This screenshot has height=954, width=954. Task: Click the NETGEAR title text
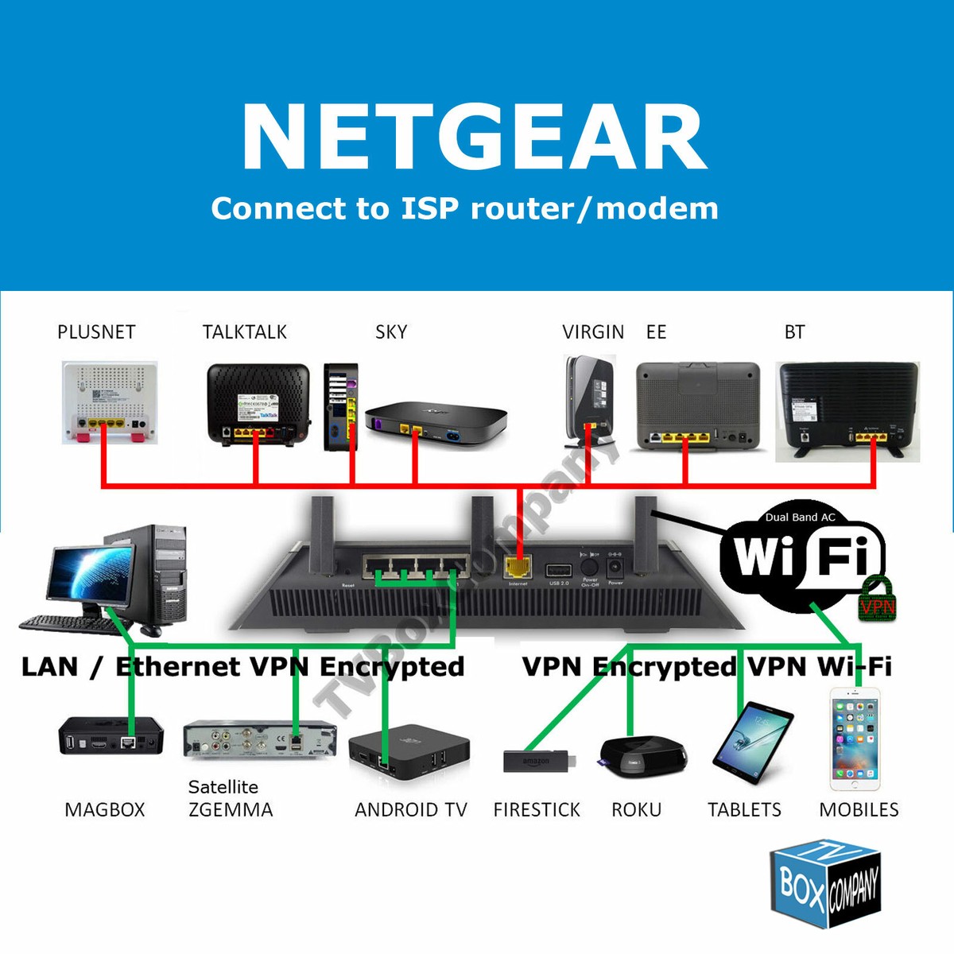[475, 137]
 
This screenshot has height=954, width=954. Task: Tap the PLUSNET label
[96, 332]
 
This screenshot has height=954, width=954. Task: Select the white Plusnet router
[110, 401]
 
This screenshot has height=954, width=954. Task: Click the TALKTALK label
[244, 332]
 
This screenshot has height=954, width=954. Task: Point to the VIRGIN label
[593, 332]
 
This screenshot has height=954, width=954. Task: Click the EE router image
[698, 405]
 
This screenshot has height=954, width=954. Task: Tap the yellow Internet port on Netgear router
[518, 568]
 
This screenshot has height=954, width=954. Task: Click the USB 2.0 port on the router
[558, 569]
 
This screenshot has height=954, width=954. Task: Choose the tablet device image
[754, 743]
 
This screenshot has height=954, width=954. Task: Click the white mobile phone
[854, 739]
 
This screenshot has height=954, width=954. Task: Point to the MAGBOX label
[105, 810]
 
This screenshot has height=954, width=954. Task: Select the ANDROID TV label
[410, 810]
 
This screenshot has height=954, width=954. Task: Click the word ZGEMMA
[231, 810]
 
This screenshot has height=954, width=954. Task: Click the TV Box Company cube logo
[825, 885]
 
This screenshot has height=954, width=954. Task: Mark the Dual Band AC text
[800, 517]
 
